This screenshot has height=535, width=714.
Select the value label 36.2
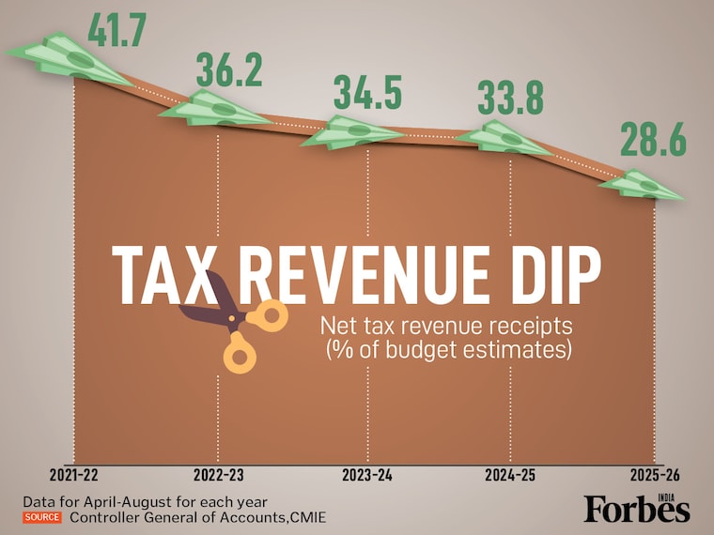coord(230,70)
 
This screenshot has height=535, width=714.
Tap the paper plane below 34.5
coord(352,133)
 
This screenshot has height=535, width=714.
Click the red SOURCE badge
coord(42,516)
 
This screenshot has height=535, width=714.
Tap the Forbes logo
coord(637,508)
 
